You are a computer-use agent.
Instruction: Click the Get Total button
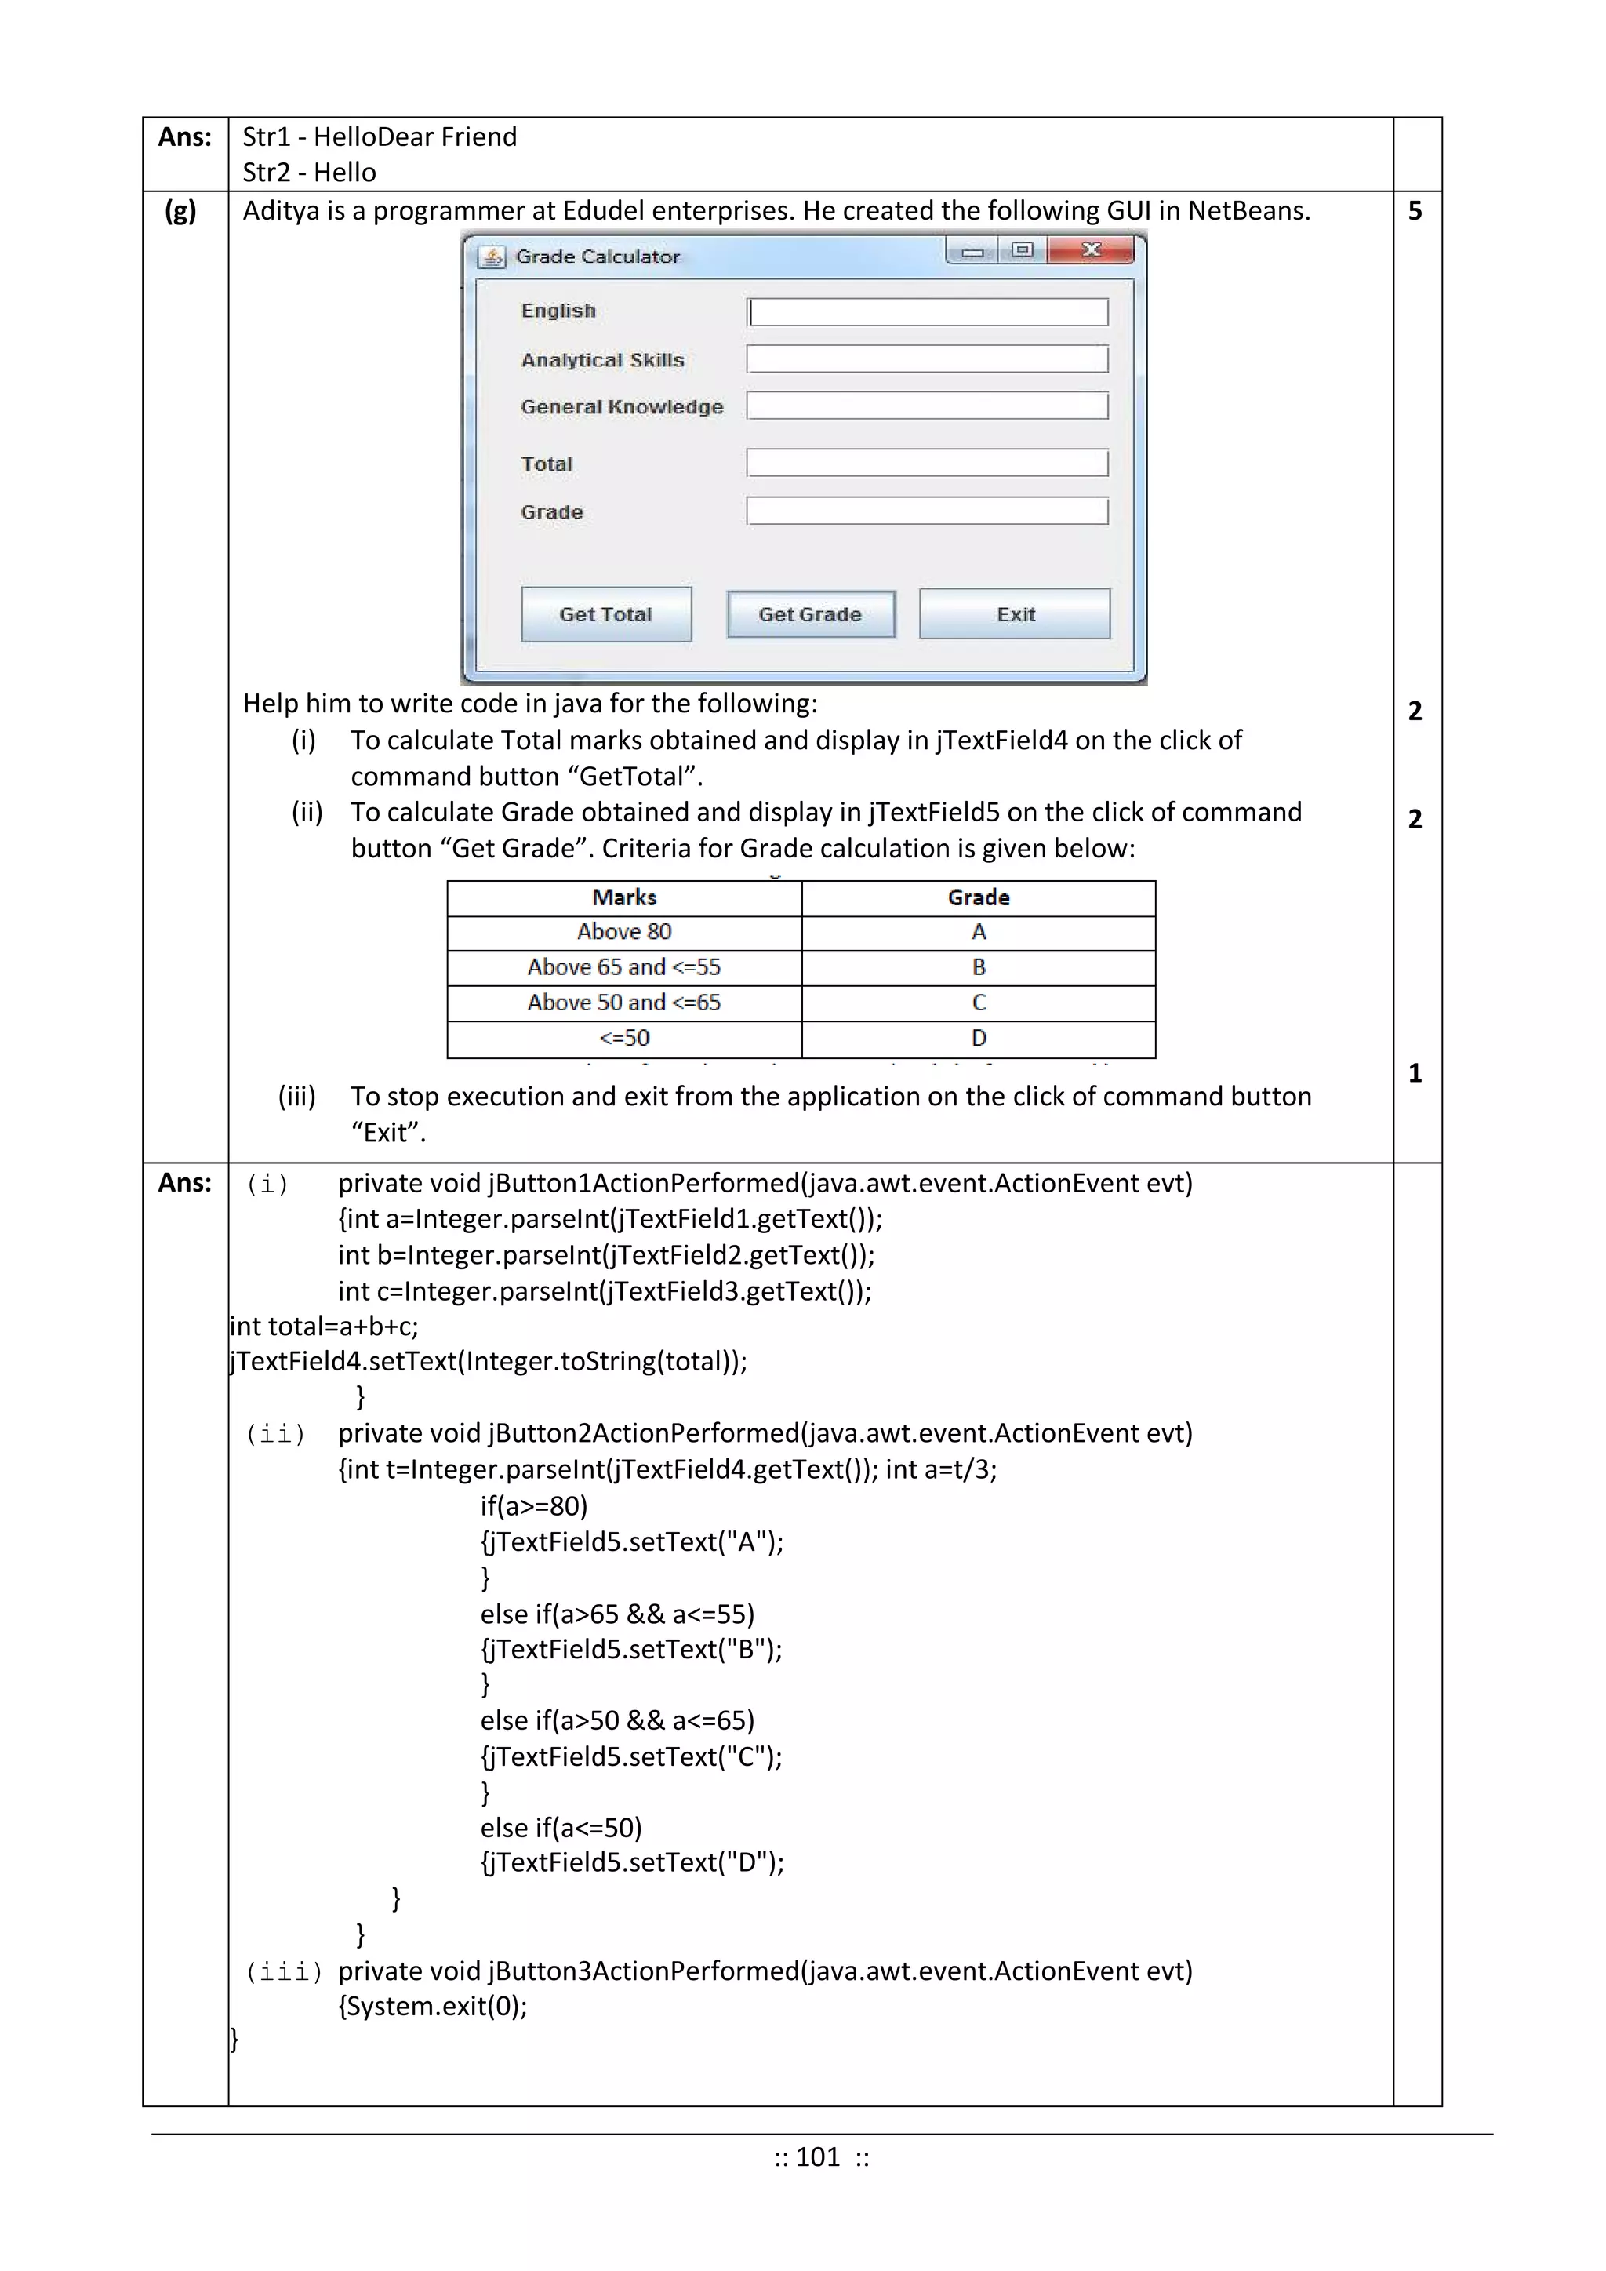coord(605,614)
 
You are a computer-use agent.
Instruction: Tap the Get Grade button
coord(810,614)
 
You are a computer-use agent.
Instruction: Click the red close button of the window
coord(1090,250)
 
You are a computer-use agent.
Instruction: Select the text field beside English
coord(927,312)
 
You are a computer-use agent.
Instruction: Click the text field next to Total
coord(927,463)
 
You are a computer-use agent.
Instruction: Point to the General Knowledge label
coord(621,406)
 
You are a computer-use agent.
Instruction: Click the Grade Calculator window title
coord(598,257)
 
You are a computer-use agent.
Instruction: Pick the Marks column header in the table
coord(624,897)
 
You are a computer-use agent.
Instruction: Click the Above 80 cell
coord(624,932)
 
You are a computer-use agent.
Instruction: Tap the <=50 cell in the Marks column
coord(624,1039)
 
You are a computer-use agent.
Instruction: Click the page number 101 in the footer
coord(818,2156)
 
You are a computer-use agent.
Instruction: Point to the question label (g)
coord(180,211)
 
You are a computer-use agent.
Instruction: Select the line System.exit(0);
coord(433,2006)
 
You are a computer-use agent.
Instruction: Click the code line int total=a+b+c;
coord(325,1326)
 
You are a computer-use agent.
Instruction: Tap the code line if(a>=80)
coord(534,1505)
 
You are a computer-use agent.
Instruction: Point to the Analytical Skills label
coord(602,360)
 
